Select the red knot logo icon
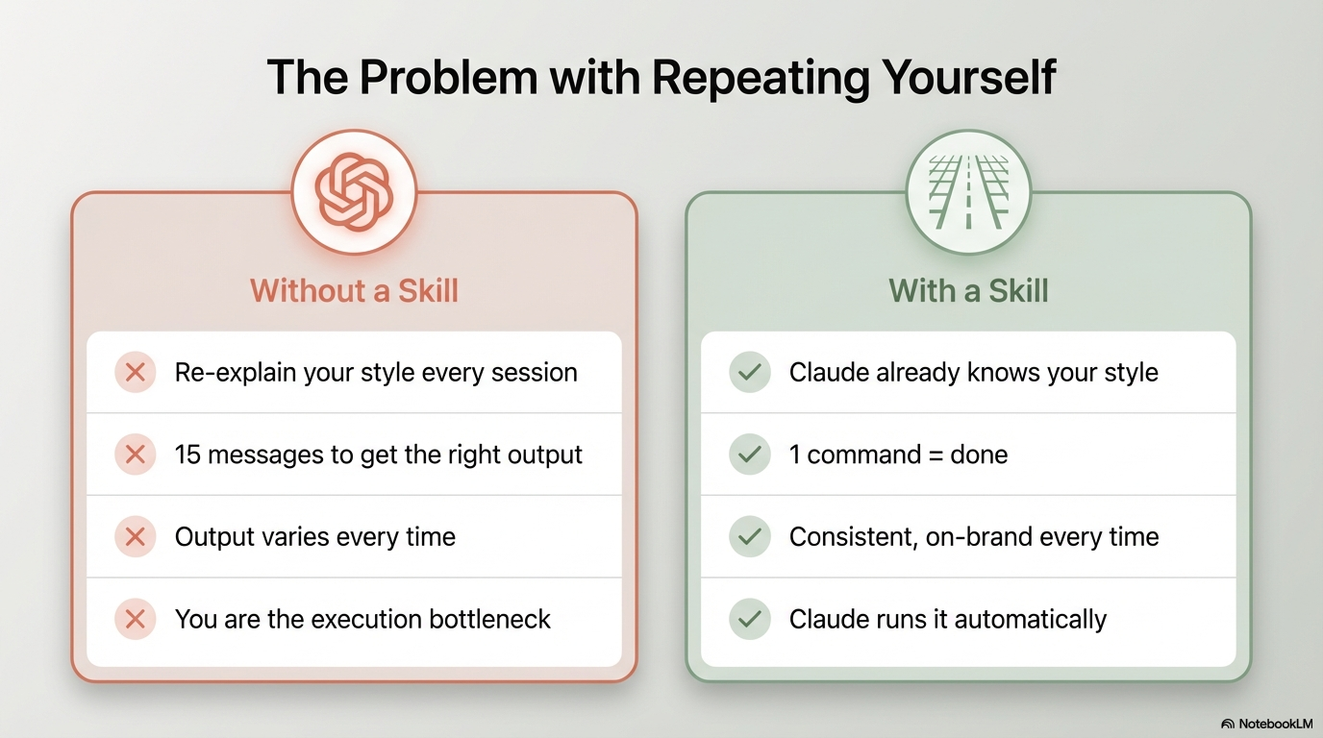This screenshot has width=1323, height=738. tap(354, 191)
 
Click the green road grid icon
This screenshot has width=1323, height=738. tap(968, 191)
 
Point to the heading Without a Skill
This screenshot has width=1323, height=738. tap(354, 290)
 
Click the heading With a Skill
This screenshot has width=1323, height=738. tap(968, 290)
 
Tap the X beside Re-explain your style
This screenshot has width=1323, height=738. tap(136, 372)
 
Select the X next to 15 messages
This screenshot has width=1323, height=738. tap(136, 455)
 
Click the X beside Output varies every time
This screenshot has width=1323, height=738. tap(136, 536)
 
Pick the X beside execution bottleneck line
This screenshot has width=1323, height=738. tap(136, 619)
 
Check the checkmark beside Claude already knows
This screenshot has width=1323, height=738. tap(750, 372)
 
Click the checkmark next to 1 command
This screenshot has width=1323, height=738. tap(750, 455)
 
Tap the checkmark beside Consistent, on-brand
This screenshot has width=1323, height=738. tap(750, 536)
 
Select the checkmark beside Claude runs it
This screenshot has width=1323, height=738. tap(750, 619)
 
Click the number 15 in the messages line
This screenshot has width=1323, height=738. tap(187, 455)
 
